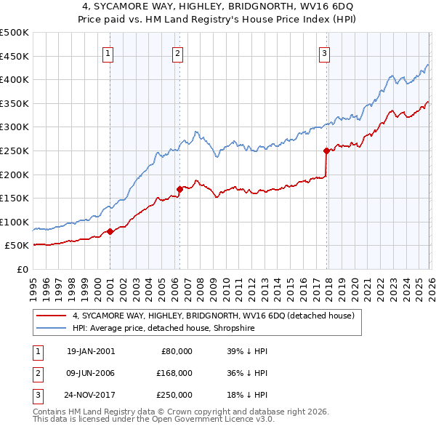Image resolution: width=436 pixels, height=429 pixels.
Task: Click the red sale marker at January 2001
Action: pyautogui.click(x=110, y=231)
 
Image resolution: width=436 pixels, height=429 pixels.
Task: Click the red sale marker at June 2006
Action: pyautogui.click(x=179, y=190)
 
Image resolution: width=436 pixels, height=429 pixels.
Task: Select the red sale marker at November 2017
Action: pyautogui.click(x=326, y=151)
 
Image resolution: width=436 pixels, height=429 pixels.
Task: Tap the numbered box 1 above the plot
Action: pyautogui.click(x=108, y=52)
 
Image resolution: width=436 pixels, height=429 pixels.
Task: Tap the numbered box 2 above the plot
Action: pyautogui.click(x=177, y=52)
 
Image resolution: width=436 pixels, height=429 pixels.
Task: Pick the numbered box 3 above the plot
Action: pyautogui.click(x=324, y=52)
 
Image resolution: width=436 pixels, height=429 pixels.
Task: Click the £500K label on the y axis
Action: pyautogui.click(x=15, y=33)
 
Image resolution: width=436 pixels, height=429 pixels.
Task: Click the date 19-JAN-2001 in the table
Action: pyautogui.click(x=90, y=351)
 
